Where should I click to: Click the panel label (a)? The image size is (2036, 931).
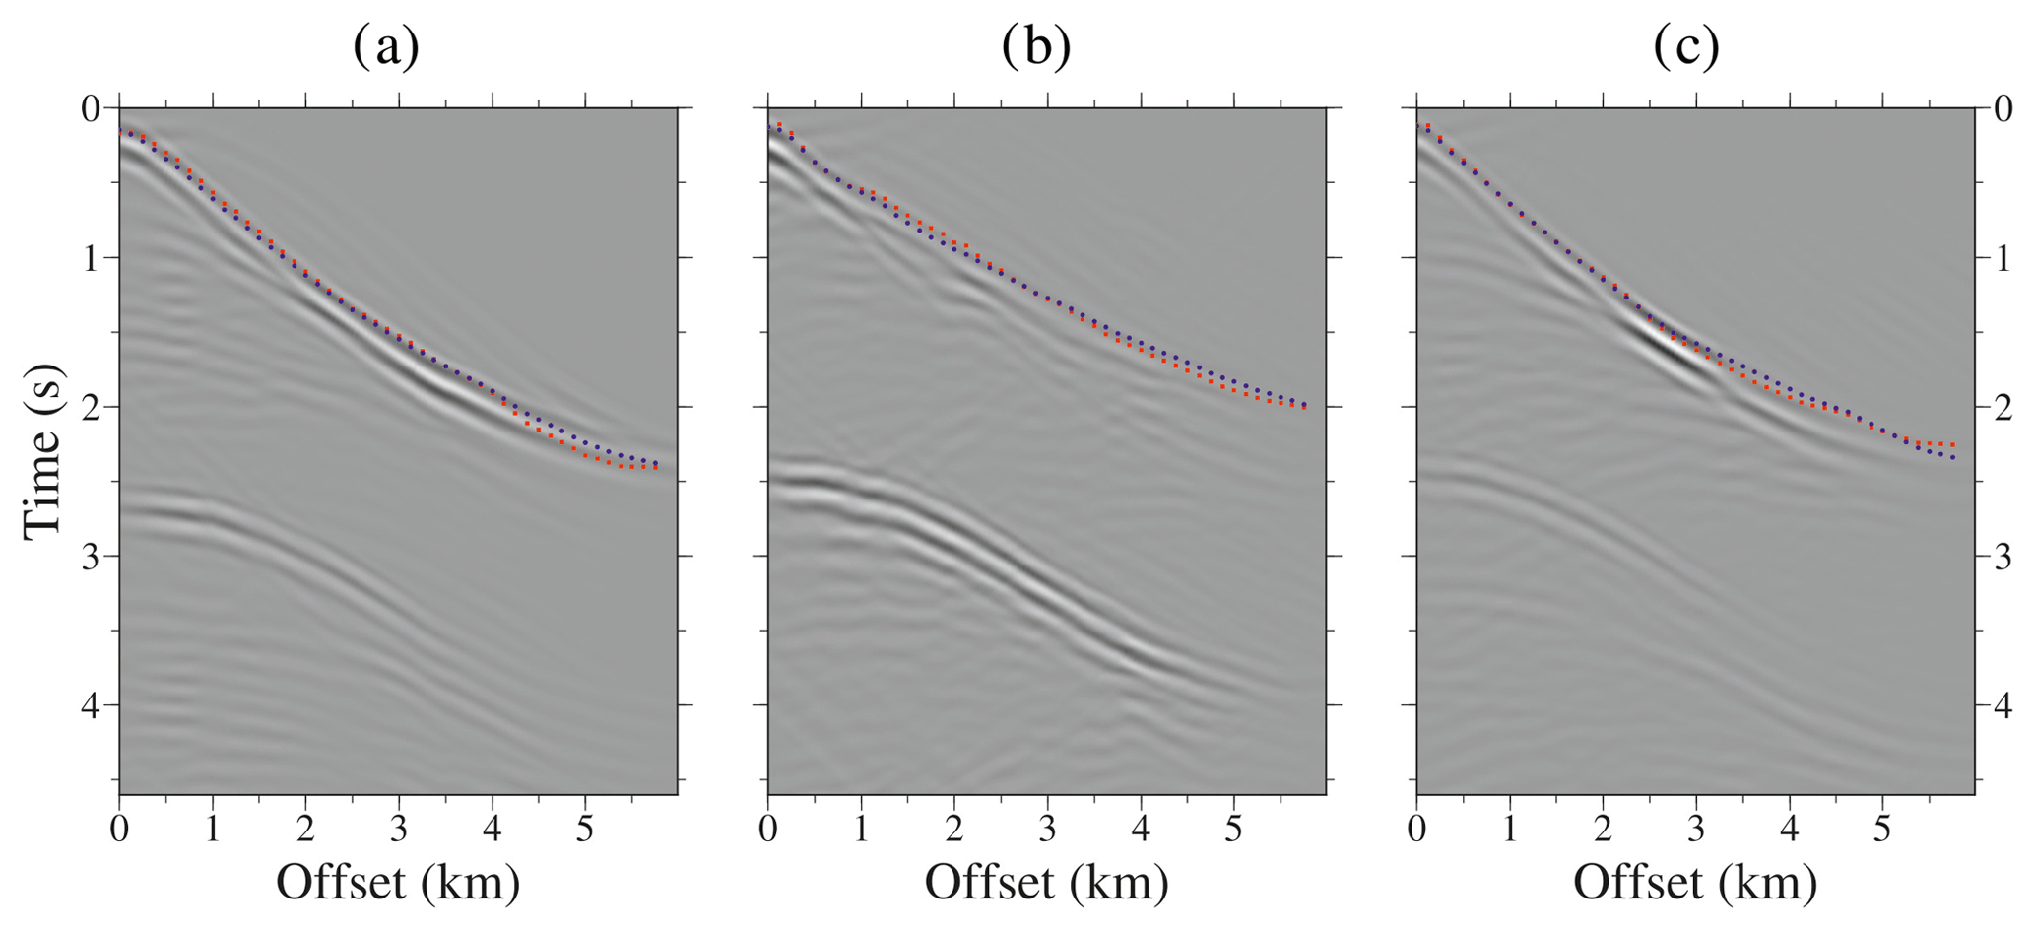(x=386, y=47)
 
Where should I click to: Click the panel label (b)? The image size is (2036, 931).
(x=1035, y=47)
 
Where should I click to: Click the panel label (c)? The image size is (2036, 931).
(x=1685, y=47)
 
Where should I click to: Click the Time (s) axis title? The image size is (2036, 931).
(x=43, y=451)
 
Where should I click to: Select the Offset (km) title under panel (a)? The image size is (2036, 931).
(x=397, y=881)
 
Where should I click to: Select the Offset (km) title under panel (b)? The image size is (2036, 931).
(x=1046, y=881)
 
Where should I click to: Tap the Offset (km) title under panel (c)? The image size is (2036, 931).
(x=1694, y=881)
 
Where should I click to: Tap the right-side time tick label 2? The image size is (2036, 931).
(x=2003, y=408)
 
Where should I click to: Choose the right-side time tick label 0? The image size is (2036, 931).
(x=2003, y=108)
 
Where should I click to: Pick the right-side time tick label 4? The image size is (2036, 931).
(x=2003, y=706)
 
